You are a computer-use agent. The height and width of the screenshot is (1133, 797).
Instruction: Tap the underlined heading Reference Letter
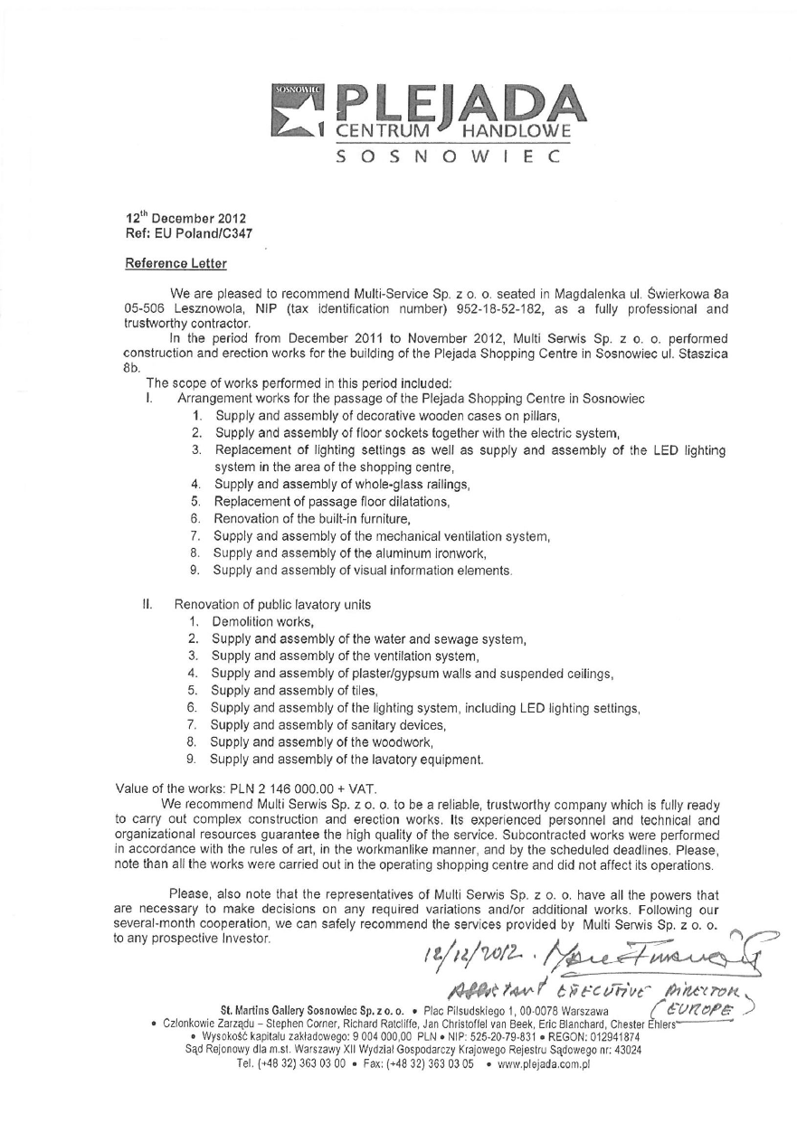tap(176, 264)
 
